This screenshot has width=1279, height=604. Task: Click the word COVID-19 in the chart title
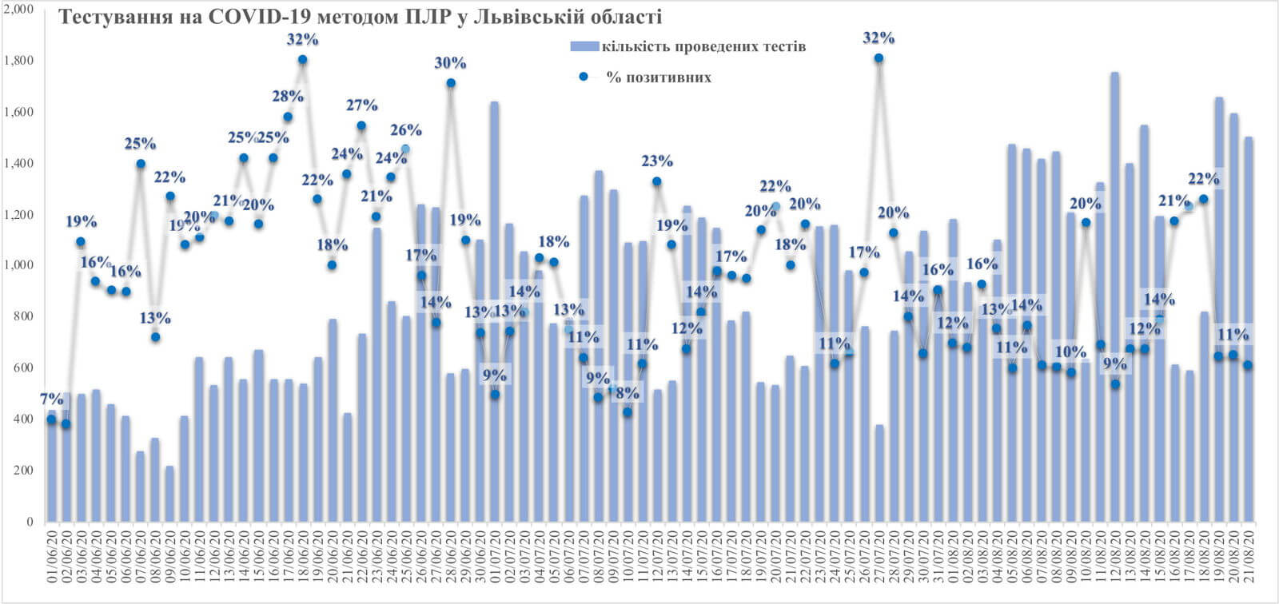249,16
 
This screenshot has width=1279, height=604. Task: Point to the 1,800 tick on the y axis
18,61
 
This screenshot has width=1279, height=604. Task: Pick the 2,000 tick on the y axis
18,10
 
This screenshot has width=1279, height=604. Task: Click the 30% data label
450,63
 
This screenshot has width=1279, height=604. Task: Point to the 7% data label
53,399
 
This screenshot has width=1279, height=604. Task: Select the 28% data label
288,97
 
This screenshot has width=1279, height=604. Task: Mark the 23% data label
657,161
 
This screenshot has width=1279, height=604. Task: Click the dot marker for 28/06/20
451,83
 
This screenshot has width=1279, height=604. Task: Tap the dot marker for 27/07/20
879,58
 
